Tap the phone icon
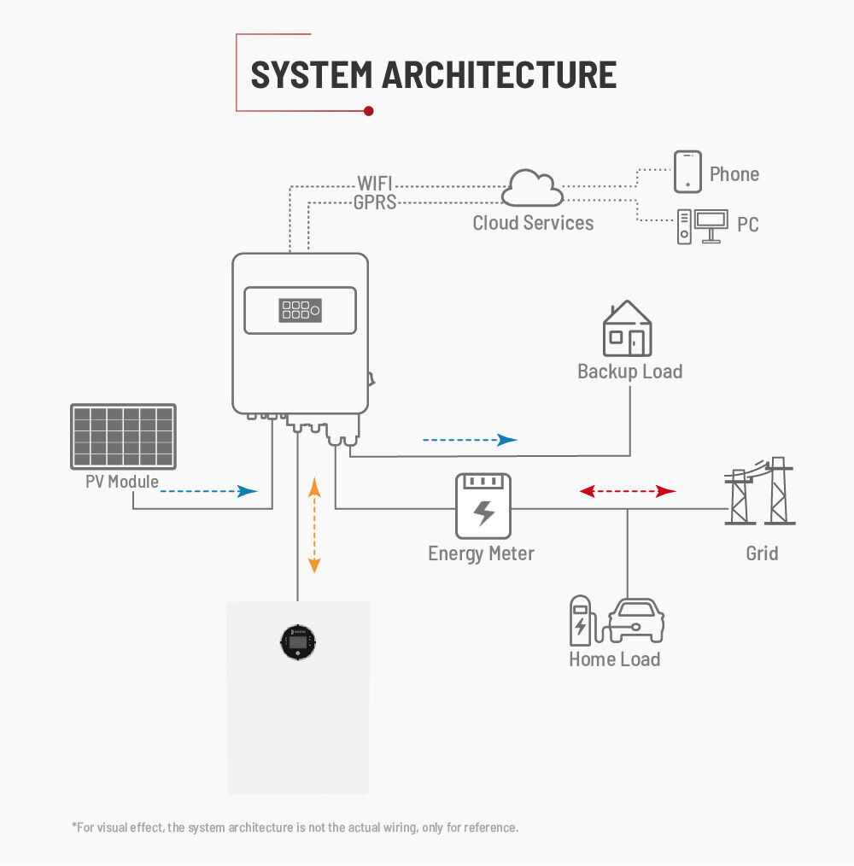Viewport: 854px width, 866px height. click(x=687, y=173)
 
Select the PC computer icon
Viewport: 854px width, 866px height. click(x=702, y=225)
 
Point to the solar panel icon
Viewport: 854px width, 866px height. click(x=123, y=436)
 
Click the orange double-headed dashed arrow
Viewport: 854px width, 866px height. click(x=314, y=525)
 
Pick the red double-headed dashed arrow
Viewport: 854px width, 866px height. click(x=628, y=491)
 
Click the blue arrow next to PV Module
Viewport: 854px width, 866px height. click(x=209, y=491)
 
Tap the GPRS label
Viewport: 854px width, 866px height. click(x=375, y=203)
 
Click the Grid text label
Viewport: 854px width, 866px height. click(x=762, y=553)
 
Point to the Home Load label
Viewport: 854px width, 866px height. click(x=614, y=659)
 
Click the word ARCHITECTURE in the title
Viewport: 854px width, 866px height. click(x=499, y=75)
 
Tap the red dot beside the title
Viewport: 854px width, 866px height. click(x=368, y=110)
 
